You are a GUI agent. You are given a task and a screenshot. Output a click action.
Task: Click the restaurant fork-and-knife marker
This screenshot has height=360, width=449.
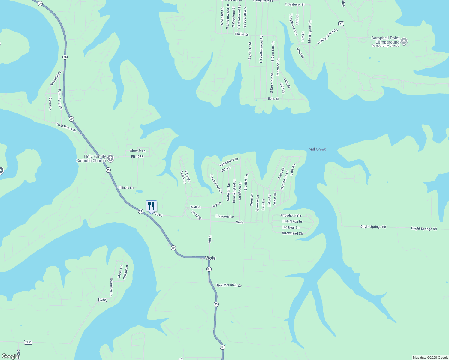151,206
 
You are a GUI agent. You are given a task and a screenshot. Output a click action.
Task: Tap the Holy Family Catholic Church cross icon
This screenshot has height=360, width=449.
110,158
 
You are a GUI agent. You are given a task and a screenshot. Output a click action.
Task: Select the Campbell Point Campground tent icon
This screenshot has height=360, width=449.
404,41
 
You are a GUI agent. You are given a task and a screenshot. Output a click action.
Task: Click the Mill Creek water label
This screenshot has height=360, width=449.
317,149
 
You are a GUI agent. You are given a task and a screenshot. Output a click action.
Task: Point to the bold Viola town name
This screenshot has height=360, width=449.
210,258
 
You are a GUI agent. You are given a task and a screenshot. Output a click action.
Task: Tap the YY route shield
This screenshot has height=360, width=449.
341,23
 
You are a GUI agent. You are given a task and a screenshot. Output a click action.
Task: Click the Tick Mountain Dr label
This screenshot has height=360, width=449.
229,285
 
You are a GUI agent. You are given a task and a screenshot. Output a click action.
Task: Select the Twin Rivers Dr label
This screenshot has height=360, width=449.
66,127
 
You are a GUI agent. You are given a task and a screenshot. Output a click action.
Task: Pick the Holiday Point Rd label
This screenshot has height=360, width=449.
327,36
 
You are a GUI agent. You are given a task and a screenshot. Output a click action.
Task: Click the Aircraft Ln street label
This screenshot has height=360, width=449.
137,151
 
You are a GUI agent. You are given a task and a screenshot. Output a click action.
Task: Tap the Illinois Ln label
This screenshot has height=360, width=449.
126,188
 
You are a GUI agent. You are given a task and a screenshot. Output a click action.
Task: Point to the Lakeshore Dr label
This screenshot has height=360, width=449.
229,162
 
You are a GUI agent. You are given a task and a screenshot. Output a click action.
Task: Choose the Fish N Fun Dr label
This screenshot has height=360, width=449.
292,222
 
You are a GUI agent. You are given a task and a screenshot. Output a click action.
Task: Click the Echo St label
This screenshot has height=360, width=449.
273,99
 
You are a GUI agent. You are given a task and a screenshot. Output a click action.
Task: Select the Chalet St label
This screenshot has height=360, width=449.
241,34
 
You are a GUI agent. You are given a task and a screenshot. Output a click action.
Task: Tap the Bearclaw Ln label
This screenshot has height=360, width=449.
111,287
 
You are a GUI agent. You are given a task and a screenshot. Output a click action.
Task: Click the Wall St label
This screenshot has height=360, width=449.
195,207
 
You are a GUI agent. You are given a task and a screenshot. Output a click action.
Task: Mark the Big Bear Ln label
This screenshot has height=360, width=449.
291,227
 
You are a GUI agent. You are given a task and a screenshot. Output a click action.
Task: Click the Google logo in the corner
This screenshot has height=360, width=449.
10,356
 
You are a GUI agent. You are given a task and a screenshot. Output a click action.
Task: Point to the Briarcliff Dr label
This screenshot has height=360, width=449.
56,79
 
